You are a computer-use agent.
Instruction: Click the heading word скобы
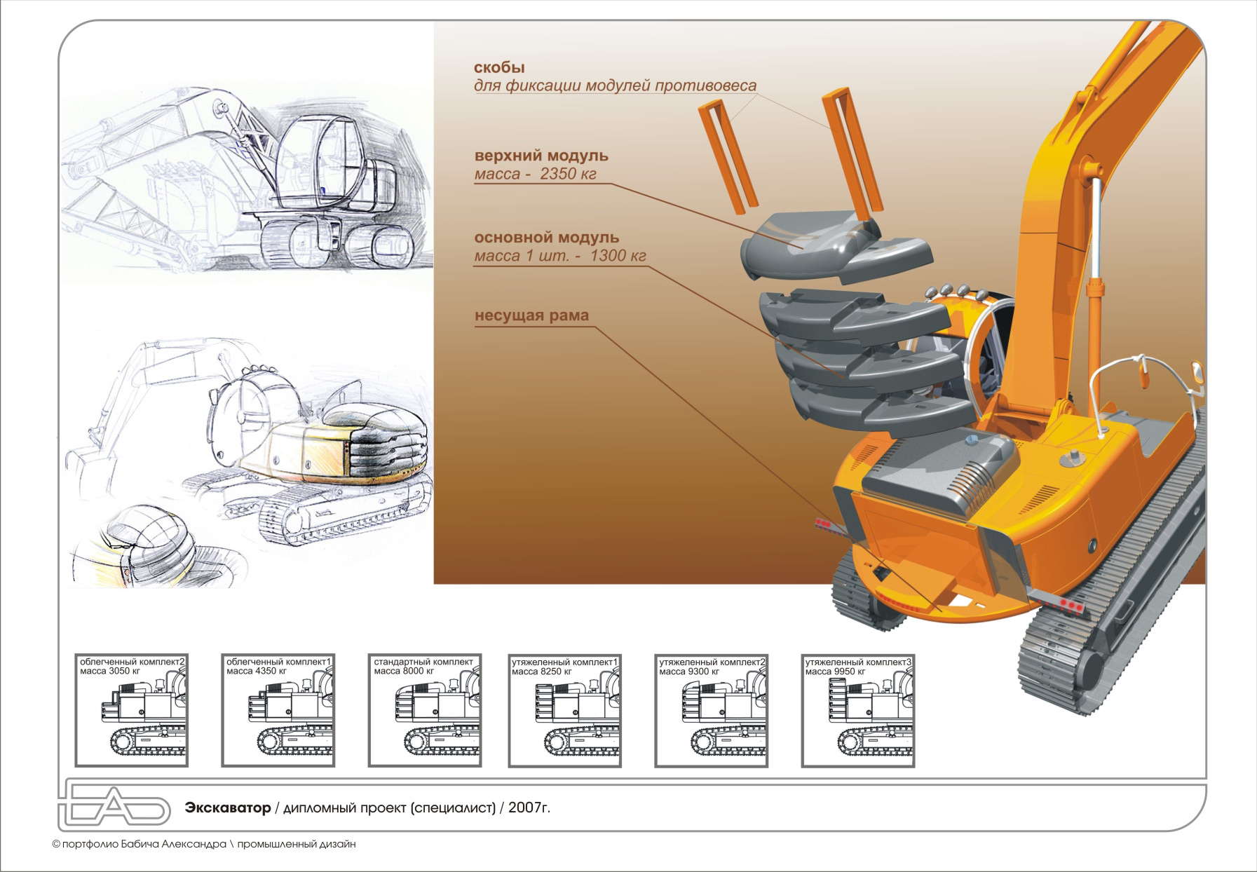click(x=499, y=68)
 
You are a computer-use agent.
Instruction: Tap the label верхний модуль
click(x=541, y=156)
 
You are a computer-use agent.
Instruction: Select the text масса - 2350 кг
click(x=535, y=174)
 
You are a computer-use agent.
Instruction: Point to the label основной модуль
click(x=547, y=238)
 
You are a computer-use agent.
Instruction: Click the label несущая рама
click(x=531, y=316)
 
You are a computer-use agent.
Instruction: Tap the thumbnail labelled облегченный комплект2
click(x=132, y=710)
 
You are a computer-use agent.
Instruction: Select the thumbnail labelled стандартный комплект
click(x=424, y=710)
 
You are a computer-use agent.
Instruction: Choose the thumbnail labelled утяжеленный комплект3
click(x=858, y=710)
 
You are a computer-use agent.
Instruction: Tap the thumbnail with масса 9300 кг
click(x=712, y=710)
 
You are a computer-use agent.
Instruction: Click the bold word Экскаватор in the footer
click(x=228, y=808)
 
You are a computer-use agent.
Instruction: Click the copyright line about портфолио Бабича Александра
click(x=203, y=844)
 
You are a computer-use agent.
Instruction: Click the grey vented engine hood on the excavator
click(x=939, y=470)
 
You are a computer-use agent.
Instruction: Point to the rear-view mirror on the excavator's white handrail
click(x=1197, y=372)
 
